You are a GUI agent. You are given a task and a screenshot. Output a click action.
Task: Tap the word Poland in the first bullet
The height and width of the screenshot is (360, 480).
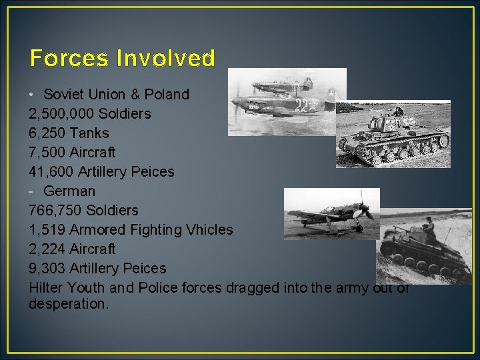tap(166, 94)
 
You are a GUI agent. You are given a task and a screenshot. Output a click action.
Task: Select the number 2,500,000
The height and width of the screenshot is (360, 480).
tap(61, 113)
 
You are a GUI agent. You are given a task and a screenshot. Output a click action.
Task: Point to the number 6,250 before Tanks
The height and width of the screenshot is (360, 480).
tap(47, 133)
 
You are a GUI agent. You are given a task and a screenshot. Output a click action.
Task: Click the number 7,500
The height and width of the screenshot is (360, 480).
tap(47, 152)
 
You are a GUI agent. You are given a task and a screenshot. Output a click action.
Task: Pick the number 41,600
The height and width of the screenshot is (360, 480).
tap(51, 171)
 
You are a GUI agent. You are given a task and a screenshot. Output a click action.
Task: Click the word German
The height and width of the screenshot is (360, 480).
tap(69, 191)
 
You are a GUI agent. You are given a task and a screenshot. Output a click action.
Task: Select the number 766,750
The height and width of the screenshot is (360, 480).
tap(56, 210)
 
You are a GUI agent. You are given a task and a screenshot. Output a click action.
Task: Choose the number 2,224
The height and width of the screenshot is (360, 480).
tap(47, 249)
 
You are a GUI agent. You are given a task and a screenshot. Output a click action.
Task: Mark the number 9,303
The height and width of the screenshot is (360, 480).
tap(47, 268)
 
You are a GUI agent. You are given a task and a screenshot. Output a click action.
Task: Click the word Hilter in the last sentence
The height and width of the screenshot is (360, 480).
tap(47, 287)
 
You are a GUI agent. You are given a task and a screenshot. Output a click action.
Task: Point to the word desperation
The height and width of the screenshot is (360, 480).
tap(68, 303)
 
